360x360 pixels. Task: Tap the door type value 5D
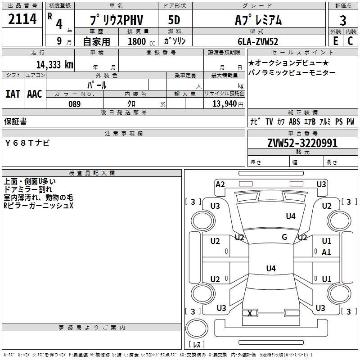click(x=174, y=20)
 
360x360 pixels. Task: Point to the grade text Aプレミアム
click(x=258, y=20)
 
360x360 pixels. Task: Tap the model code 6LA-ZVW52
click(x=258, y=41)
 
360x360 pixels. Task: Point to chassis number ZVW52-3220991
click(x=302, y=143)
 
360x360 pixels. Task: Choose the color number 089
click(x=75, y=104)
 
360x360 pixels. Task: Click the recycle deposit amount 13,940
click(x=225, y=104)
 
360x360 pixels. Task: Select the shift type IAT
click(x=13, y=94)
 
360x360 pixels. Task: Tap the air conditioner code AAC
click(x=34, y=94)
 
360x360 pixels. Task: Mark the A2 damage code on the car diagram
click(x=220, y=184)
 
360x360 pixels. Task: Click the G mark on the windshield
click(x=284, y=237)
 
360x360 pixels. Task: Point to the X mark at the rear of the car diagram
click(x=250, y=313)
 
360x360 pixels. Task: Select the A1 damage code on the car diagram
click(x=326, y=252)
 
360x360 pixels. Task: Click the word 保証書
click(x=15, y=121)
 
